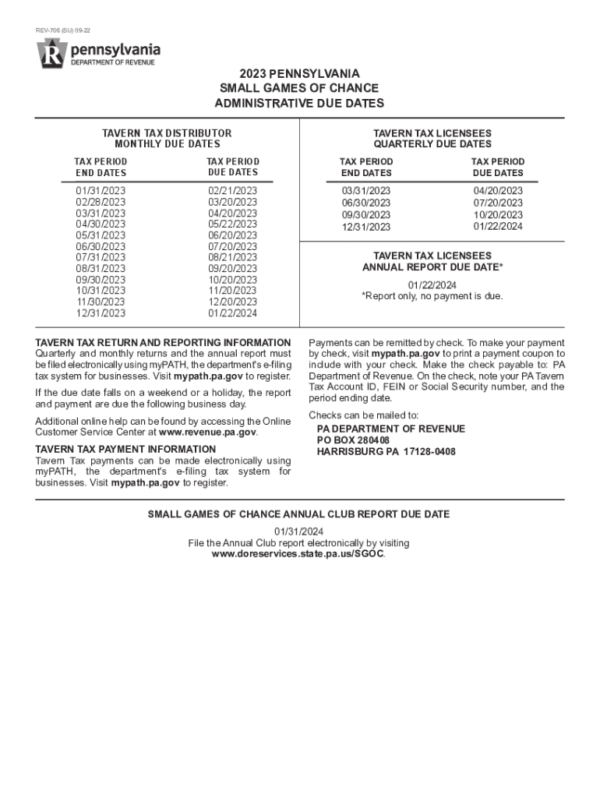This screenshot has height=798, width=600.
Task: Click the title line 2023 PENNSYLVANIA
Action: click(x=300, y=74)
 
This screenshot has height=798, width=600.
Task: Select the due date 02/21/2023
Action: click(x=232, y=191)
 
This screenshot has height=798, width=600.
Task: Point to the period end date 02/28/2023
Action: click(x=101, y=202)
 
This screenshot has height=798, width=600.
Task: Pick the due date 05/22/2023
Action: click(x=232, y=224)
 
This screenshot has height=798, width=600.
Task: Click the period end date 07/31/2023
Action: click(x=101, y=257)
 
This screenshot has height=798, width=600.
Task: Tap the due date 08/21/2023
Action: click(x=232, y=257)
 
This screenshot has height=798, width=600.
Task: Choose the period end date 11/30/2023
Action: click(x=101, y=302)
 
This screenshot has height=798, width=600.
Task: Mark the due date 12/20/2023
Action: click(x=232, y=302)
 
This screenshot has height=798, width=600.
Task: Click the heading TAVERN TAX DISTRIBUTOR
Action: click(x=167, y=133)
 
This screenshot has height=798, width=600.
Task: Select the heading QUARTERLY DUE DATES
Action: click(x=432, y=144)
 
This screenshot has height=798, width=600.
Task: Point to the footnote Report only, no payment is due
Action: click(x=432, y=296)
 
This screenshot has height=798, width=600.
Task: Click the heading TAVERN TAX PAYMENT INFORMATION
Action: click(x=125, y=449)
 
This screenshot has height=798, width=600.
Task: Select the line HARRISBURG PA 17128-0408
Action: click(x=386, y=452)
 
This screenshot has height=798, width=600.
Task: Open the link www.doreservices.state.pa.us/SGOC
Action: click(x=298, y=554)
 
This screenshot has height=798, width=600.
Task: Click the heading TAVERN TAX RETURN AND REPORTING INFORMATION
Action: click(x=163, y=343)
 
